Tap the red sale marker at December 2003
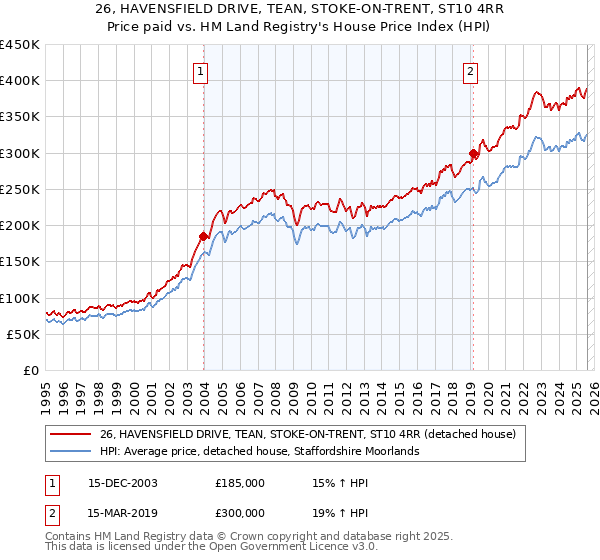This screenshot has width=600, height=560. (203, 237)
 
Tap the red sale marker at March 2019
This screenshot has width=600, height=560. (472, 153)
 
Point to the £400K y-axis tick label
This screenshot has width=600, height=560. (20, 81)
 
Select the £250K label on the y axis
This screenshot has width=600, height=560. (20, 189)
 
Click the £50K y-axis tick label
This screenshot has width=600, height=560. (24, 334)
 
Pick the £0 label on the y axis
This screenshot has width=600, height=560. (32, 370)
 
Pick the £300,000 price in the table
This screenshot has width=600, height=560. (240, 512)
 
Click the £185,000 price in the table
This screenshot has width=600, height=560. (240, 482)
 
